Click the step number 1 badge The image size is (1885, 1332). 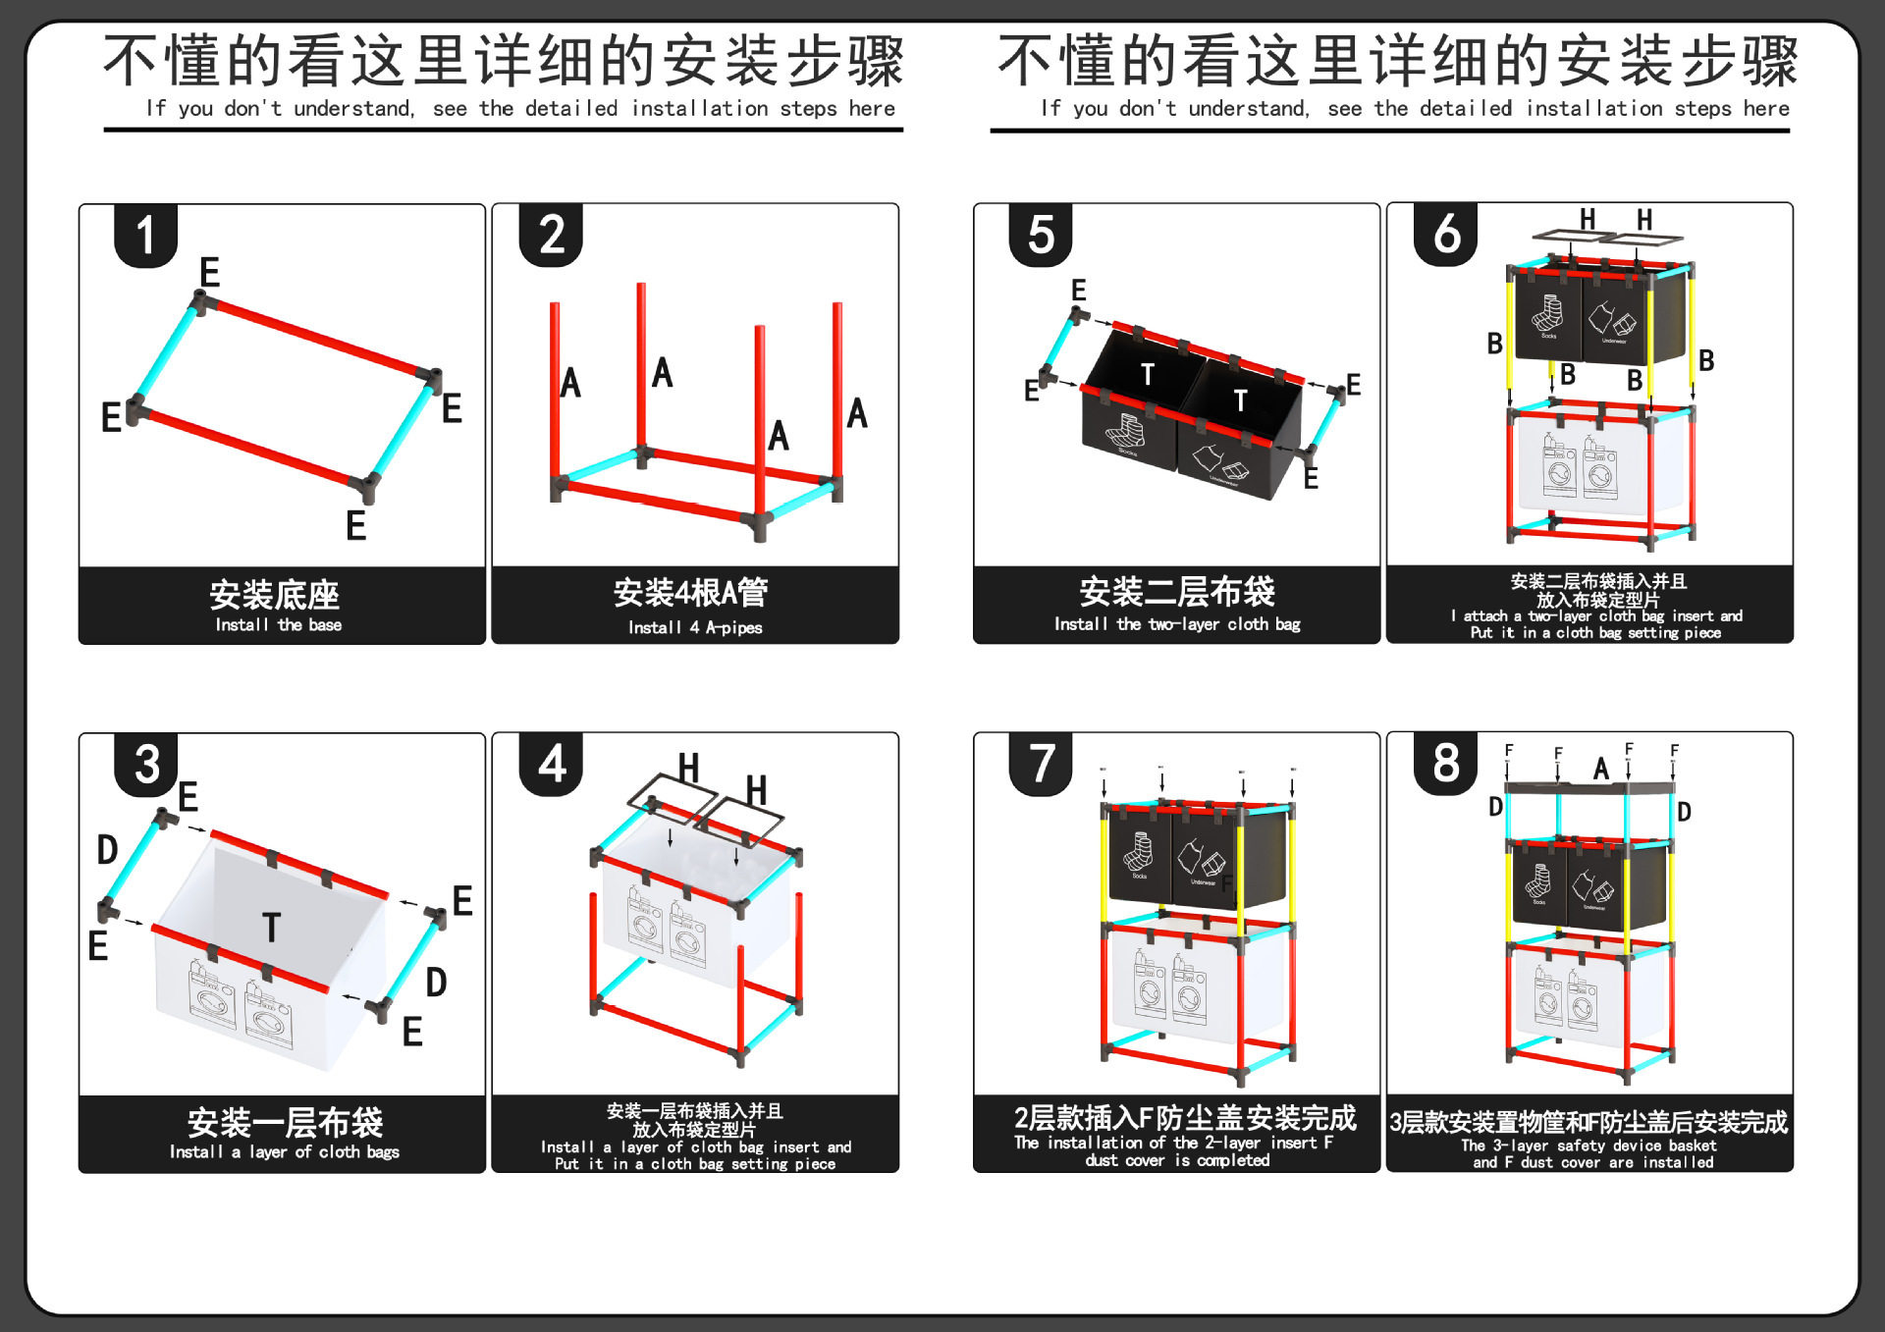coord(145,236)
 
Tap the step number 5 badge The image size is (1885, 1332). coord(1041,236)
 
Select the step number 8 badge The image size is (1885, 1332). coord(1445,763)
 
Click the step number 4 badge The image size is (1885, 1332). coord(552,764)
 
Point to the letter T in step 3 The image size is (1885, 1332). coord(272,928)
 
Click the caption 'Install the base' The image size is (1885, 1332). coord(279,625)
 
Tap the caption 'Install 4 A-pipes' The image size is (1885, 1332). coord(695,627)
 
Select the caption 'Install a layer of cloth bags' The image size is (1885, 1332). coord(285,1151)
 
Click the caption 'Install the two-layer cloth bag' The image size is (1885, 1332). coord(1177,624)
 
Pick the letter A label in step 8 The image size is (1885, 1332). coord(1601,769)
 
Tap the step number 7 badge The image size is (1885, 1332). coord(1041,764)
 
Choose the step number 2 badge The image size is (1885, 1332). coord(552,236)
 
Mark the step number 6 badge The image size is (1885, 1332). coord(1446,235)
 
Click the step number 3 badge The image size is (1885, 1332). coord(146,765)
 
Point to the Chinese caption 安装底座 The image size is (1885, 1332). coord(275,595)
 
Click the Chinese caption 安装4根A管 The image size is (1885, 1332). coord(691,592)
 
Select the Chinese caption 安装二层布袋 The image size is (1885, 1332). coord(1177,592)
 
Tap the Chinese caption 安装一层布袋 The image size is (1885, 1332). coord(285,1122)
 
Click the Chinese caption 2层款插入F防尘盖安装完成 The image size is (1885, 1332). coord(1185,1118)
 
